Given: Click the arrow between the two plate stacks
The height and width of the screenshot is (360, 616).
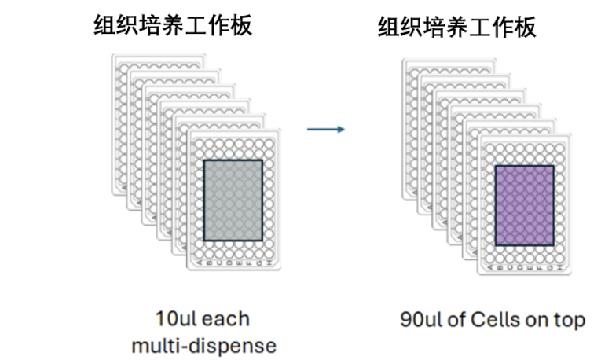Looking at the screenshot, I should (325, 128).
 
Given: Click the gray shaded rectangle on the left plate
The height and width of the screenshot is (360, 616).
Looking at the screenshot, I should (233, 200).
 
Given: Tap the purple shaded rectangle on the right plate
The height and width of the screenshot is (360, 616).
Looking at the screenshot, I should (524, 206).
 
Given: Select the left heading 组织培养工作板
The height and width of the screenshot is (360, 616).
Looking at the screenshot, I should (174, 25).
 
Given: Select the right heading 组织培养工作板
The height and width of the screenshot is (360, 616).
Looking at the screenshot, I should (457, 28).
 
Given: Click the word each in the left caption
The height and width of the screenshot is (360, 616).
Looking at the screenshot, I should (225, 320).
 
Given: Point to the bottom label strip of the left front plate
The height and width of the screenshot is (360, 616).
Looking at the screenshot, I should (233, 263).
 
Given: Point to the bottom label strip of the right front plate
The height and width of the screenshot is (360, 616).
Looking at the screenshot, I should (525, 268).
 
